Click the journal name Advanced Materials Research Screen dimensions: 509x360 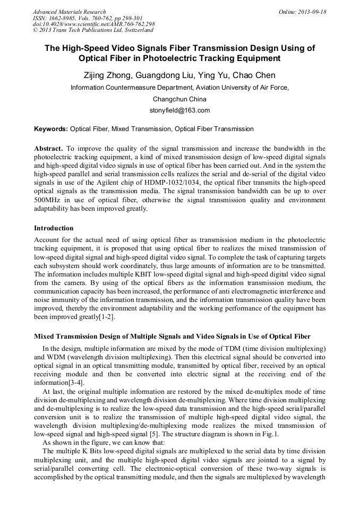point(69,12)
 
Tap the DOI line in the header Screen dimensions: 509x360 point(93,24)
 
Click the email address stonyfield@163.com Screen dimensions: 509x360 point(180,110)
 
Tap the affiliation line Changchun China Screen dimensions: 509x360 point(179,99)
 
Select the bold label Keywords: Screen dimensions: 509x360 point(51,129)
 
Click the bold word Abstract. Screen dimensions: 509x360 point(48,149)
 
